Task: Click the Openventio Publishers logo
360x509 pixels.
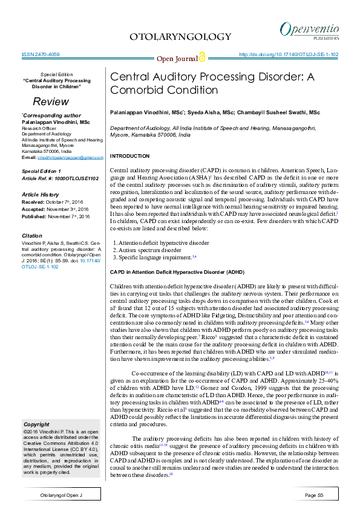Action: [x=309, y=30]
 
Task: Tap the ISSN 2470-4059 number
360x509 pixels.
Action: [x=41, y=54]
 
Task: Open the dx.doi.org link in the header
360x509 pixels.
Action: [x=289, y=54]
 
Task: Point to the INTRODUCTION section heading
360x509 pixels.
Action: [x=130, y=157]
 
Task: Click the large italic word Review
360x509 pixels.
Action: [x=50, y=102]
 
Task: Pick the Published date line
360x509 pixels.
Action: [x=55, y=216]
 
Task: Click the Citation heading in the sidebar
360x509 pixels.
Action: [x=31, y=235]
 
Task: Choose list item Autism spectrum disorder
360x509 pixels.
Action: [x=151, y=250]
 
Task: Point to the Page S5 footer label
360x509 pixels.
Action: [x=315, y=495]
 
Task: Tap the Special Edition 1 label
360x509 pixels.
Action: [x=44, y=171]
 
